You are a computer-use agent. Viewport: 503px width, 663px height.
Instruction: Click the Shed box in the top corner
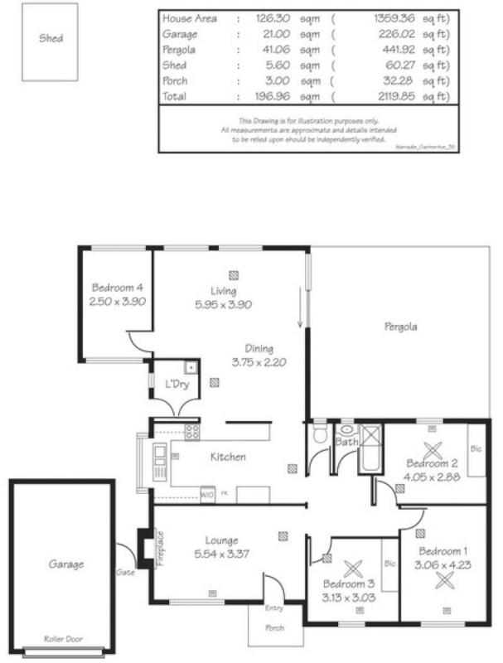[51, 42]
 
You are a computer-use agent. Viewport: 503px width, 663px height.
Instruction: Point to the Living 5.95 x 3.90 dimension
[224, 305]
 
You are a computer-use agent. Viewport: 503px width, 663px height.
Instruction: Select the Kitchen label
[227, 457]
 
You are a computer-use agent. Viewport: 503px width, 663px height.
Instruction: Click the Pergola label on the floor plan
[400, 327]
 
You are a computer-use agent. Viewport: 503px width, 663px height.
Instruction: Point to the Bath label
[346, 443]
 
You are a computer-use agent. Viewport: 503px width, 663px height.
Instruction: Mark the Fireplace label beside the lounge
[159, 548]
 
